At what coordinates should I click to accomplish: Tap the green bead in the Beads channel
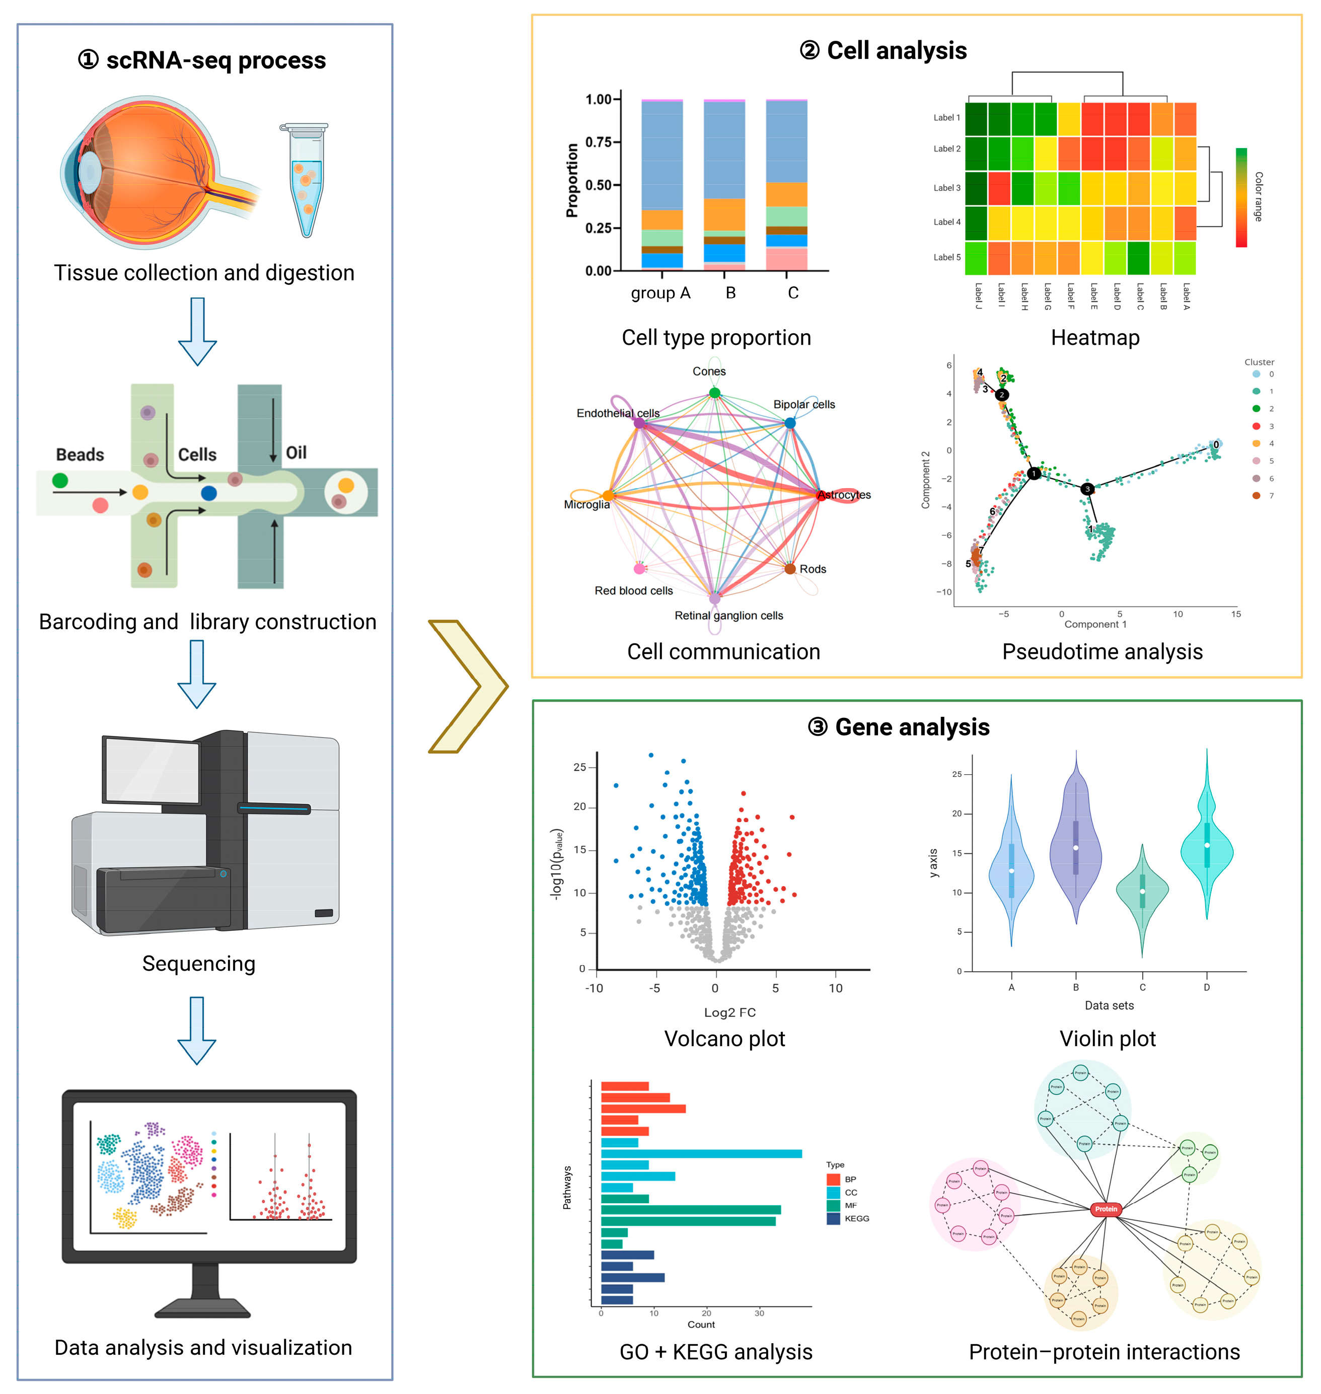click(x=60, y=480)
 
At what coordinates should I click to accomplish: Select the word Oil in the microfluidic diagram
click(x=296, y=453)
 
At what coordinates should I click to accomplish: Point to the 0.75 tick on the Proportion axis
click(x=599, y=142)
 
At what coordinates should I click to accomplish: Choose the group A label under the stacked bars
click(x=660, y=293)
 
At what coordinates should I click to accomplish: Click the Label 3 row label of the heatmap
click(x=946, y=188)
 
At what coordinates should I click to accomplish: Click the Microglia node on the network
click(x=608, y=496)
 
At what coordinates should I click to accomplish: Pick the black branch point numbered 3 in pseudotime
click(x=1087, y=489)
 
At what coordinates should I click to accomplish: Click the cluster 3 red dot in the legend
click(x=1256, y=426)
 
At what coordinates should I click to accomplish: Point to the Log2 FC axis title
click(x=729, y=1012)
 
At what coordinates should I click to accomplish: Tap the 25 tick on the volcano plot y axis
click(x=580, y=767)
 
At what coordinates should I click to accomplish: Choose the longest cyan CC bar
click(x=701, y=1154)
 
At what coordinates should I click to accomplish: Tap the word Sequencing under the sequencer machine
click(x=198, y=963)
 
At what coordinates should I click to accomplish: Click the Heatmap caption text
click(x=1095, y=338)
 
